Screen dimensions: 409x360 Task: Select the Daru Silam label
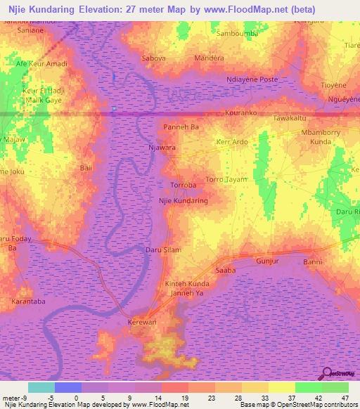(x=163, y=249)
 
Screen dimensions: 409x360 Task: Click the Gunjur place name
(x=268, y=261)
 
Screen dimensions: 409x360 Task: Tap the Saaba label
(x=225, y=269)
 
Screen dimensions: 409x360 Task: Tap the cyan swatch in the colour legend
(x=41, y=387)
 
